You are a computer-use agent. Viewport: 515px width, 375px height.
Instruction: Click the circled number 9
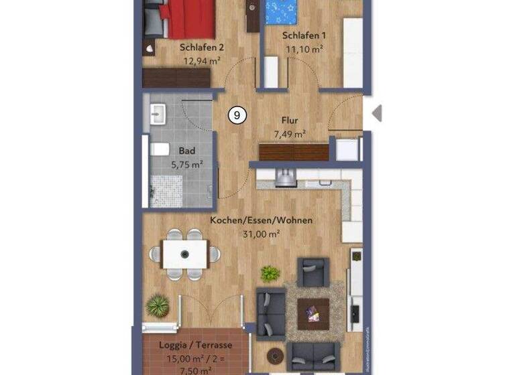pyautogui.click(x=237, y=115)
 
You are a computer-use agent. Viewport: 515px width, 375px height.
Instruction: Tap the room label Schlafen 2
pyautogui.click(x=201, y=48)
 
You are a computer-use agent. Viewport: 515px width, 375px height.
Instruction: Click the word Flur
pyautogui.click(x=289, y=122)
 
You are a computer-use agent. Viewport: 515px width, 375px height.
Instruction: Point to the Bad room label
pyautogui.click(x=186, y=151)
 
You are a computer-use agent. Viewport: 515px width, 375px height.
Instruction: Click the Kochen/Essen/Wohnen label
pyautogui.click(x=262, y=220)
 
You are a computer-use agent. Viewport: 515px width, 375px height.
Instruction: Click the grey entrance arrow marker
pyautogui.click(x=377, y=112)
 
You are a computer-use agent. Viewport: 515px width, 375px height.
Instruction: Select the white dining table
pyautogui.click(x=185, y=254)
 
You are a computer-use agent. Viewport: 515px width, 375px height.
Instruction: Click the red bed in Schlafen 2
pyautogui.click(x=190, y=19)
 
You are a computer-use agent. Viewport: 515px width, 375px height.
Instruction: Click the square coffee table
pyautogui.click(x=312, y=309)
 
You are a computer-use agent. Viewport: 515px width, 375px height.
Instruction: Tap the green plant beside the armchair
pyautogui.click(x=270, y=273)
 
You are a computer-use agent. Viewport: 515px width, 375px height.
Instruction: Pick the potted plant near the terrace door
pyautogui.click(x=158, y=306)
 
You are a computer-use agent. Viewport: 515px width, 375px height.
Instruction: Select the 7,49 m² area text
pyautogui.click(x=290, y=135)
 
